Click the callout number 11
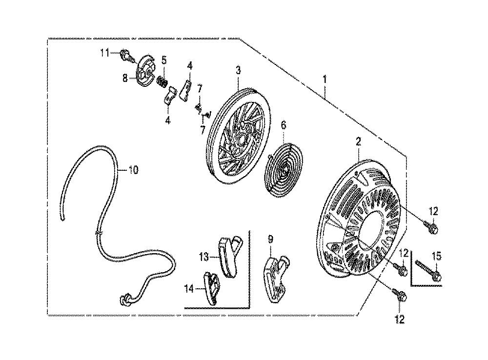(104, 53)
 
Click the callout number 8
(125, 78)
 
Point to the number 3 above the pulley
(238, 70)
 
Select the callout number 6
(283, 125)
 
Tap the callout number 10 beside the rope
(133, 170)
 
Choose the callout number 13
(204, 257)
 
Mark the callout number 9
(270, 240)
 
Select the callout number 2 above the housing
(359, 142)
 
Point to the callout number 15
(437, 257)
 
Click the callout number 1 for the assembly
(325, 79)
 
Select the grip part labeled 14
(211, 288)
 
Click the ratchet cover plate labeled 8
(146, 71)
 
